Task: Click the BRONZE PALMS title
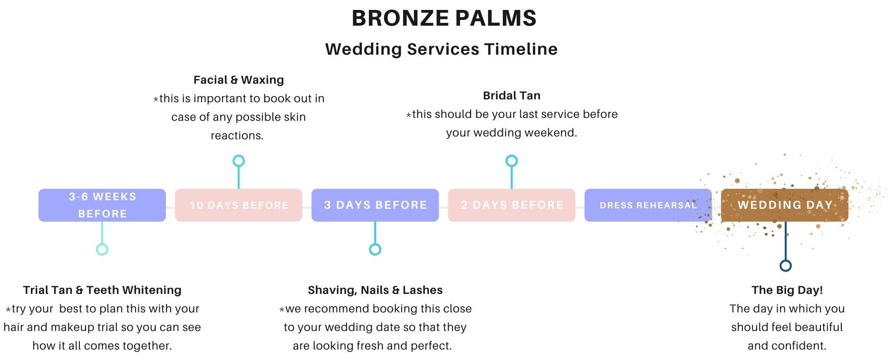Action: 444,18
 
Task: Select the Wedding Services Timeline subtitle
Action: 441,49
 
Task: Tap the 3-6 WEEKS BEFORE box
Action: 102,205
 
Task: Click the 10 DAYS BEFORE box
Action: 239,205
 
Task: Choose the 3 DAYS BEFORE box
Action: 375,205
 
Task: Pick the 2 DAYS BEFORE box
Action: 511,205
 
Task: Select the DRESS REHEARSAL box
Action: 648,205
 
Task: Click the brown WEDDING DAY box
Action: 785,205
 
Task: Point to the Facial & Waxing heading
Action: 239,80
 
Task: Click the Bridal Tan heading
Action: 511,96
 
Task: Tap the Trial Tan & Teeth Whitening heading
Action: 102,290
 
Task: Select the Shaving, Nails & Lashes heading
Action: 375,290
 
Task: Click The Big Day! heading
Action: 787,290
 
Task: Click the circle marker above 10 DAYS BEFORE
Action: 239,156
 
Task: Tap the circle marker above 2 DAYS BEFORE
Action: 511,156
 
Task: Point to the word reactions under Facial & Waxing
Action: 237,136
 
